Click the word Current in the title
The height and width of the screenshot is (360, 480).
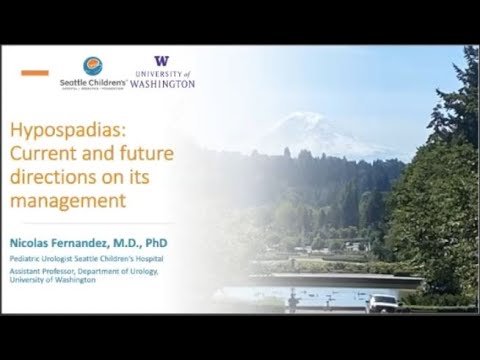43,154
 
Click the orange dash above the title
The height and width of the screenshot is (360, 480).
34,73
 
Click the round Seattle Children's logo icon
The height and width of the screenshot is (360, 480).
93,66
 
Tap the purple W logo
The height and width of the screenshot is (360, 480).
162,62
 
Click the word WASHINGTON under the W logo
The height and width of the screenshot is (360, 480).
162,84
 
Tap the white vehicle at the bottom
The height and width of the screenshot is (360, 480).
381,302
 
